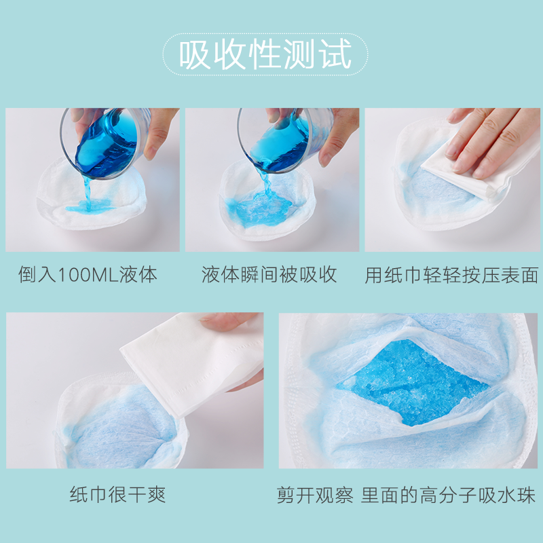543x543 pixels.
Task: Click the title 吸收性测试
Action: point(265,54)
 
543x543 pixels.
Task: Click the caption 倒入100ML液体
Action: point(88,275)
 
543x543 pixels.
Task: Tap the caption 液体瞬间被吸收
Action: point(269,275)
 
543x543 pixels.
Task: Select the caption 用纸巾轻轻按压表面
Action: point(451,275)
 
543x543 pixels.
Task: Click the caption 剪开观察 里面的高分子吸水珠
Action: point(406,493)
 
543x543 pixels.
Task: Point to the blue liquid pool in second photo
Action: point(261,207)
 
